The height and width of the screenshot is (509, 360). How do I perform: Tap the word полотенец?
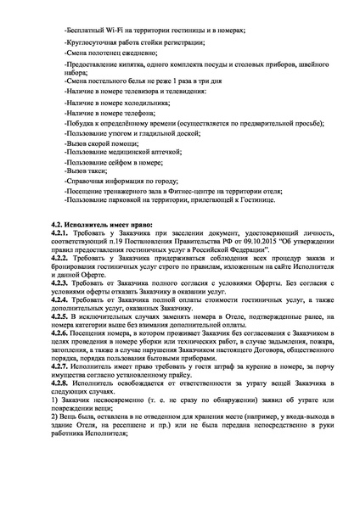tap(104, 52)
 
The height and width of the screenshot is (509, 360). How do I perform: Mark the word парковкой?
tap(125, 200)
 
